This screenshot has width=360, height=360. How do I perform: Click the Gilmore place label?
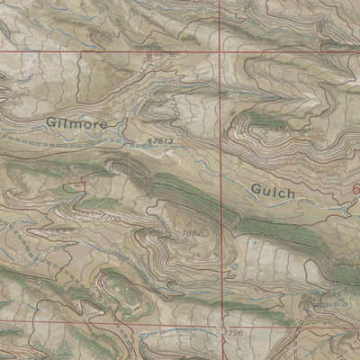pos(76,122)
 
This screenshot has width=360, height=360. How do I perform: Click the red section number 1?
pos(85,186)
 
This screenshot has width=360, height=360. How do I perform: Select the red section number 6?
pos(355,190)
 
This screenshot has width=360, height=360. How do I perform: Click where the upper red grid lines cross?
pos(220,51)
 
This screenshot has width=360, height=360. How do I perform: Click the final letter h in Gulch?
pos(292,191)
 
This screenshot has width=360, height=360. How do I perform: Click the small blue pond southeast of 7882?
pos(232,267)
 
